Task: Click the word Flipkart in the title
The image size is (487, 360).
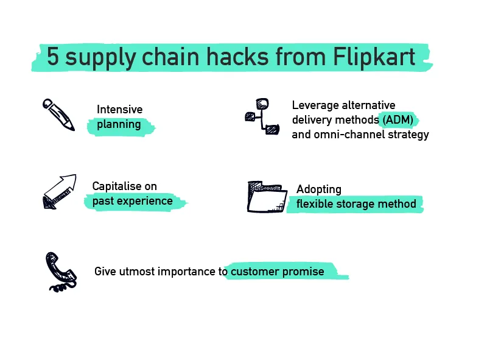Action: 375,57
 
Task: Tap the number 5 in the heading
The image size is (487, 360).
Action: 54,57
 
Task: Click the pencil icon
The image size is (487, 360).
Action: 58,115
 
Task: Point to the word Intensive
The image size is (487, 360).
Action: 120,110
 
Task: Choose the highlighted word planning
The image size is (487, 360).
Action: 119,124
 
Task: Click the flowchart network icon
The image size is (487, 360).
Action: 262,116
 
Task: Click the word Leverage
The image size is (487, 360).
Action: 316,105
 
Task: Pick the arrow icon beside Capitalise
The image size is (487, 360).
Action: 60,191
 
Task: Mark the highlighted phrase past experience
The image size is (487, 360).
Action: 133,201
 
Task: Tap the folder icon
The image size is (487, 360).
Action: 267,197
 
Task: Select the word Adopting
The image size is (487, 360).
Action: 319,189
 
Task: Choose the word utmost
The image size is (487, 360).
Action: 137,271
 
